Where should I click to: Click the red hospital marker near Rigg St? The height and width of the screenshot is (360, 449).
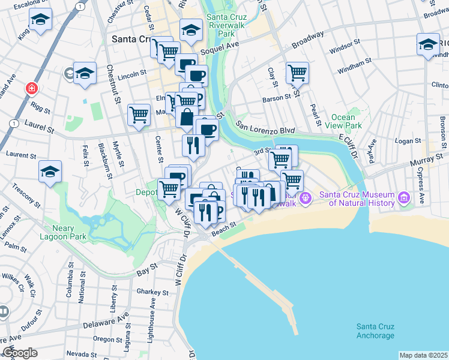(31, 89)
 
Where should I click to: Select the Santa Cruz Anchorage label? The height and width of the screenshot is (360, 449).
(375, 331)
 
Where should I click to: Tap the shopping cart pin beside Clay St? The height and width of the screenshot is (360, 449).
(297, 74)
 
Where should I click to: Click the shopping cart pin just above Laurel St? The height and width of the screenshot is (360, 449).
(139, 115)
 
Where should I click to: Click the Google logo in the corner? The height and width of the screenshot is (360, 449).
(20, 353)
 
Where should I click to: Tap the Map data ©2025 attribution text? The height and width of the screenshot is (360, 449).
(423, 355)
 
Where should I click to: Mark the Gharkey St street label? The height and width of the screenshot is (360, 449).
(152, 293)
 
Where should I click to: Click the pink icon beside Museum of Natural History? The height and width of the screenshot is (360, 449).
(404, 197)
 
